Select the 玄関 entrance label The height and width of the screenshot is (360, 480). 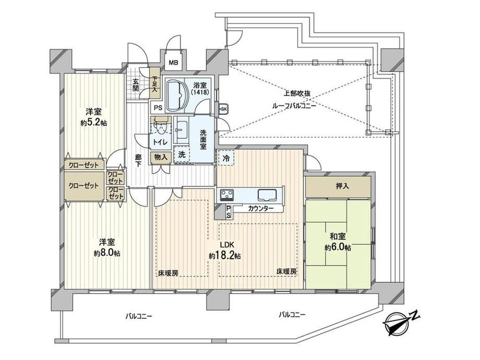coord(136,86)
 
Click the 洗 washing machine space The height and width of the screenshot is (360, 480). coord(182,154)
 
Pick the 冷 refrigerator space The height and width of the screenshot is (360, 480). coord(226,158)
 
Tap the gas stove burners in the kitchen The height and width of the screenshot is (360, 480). coord(227,195)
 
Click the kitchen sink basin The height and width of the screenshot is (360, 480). coord(267,195)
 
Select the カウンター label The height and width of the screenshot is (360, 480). coord(261,209)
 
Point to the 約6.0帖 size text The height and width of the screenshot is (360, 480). coord(338,247)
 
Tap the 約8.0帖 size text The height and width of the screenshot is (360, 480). coord(107,253)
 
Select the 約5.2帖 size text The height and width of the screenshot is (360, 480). coord(94,123)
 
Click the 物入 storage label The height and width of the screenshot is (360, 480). coord(161,158)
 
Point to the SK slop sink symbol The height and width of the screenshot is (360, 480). coord(223,109)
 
